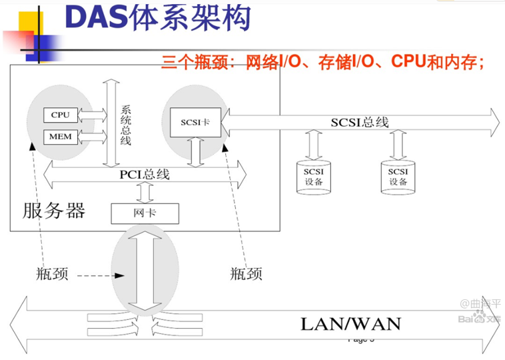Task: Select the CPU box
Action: click(60, 115)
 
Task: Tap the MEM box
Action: click(60, 137)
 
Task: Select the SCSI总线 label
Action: click(360, 122)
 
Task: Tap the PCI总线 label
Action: click(145, 175)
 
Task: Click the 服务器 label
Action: click(55, 211)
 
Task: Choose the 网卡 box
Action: click(145, 213)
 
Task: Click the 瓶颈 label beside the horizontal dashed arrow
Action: click(52, 274)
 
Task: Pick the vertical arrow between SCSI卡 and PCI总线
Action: click(195, 151)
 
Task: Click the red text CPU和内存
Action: click(436, 63)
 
